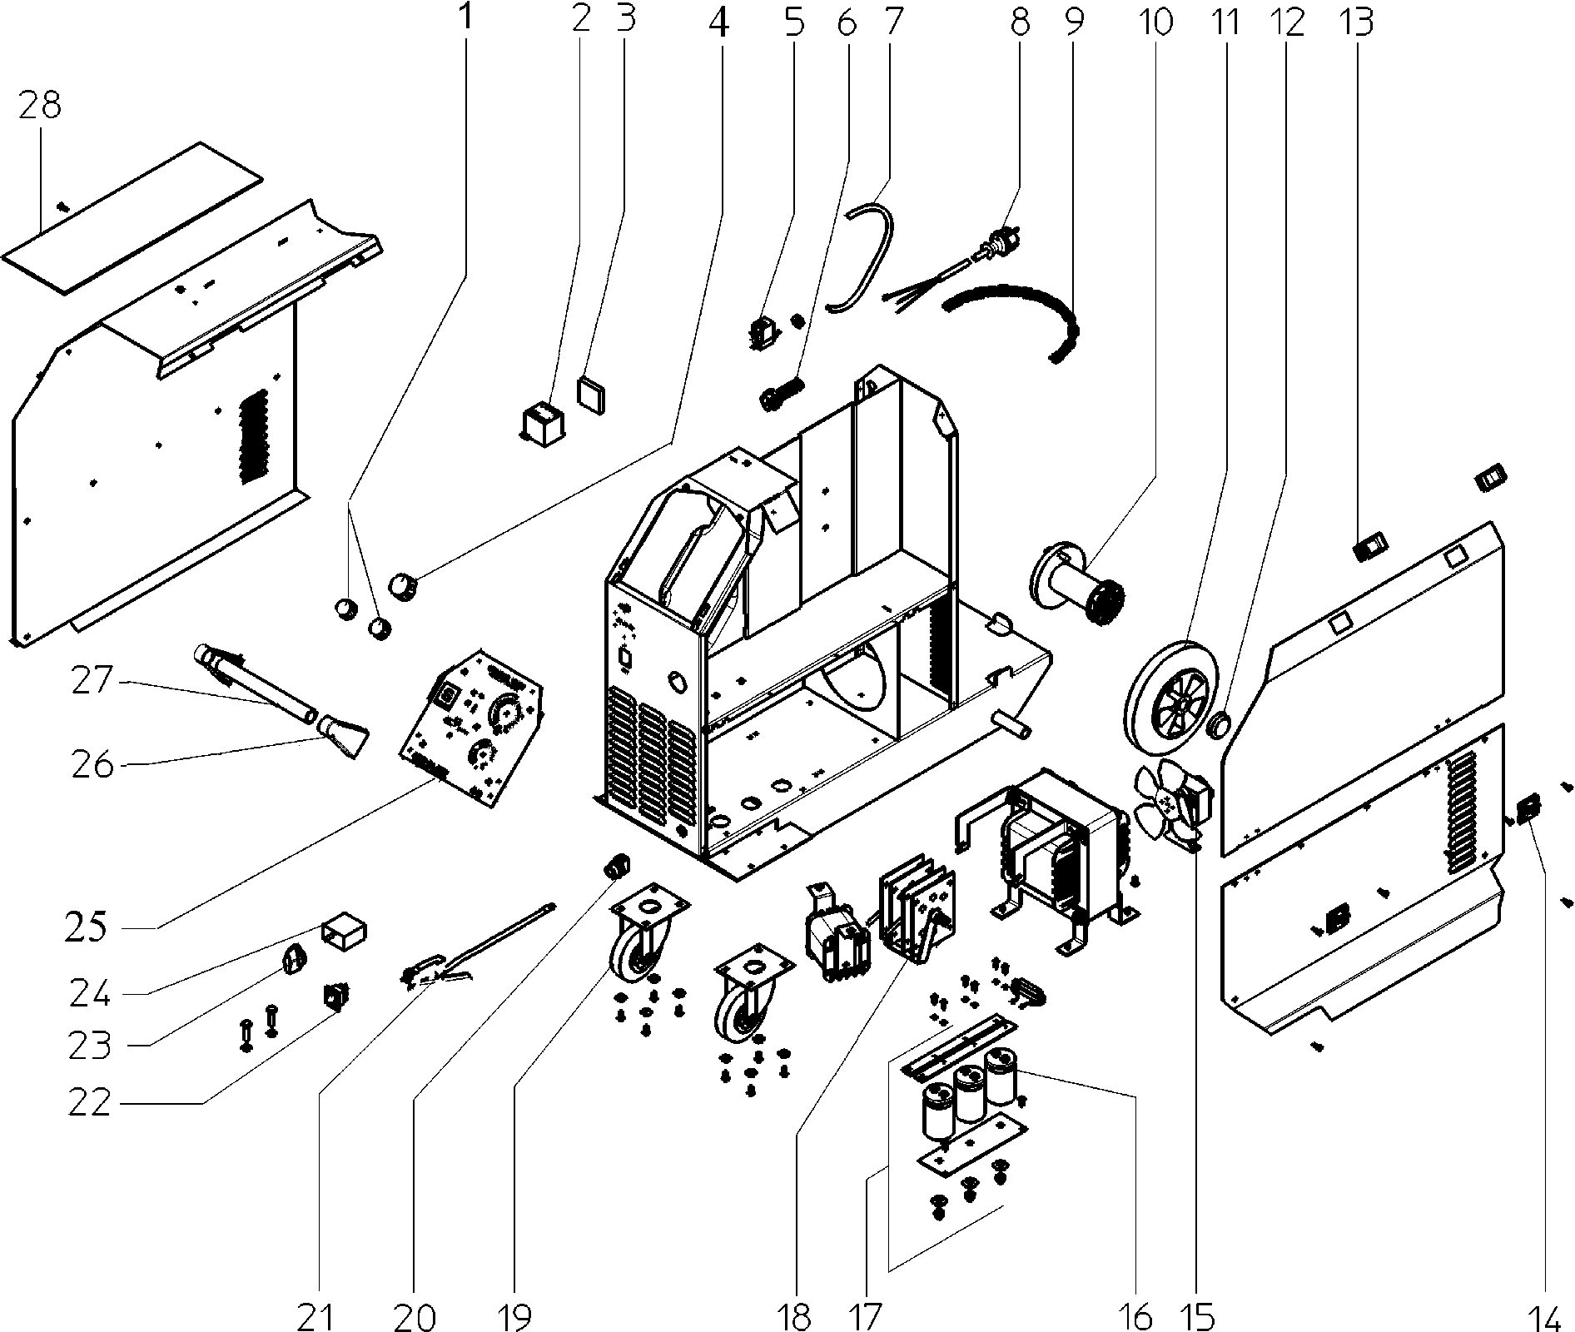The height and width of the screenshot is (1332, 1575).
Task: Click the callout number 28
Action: tap(41, 106)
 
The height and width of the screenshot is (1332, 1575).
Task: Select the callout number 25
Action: tap(86, 925)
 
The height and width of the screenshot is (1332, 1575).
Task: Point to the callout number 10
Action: tap(1155, 22)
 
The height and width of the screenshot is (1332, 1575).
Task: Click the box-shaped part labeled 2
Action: tap(539, 421)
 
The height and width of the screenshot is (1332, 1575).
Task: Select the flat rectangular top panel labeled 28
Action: tap(132, 218)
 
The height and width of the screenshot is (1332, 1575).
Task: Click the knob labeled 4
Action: tap(404, 585)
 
